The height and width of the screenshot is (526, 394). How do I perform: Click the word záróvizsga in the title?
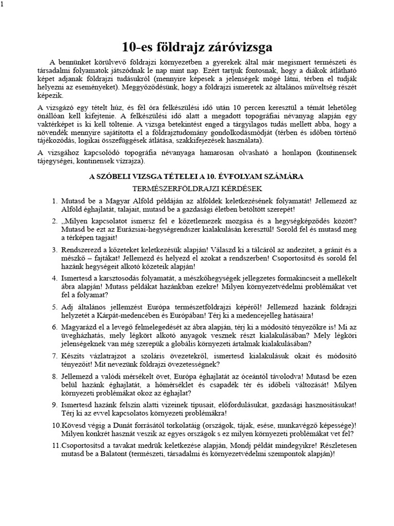point(239,48)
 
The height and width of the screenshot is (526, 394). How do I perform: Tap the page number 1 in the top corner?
point(2,4)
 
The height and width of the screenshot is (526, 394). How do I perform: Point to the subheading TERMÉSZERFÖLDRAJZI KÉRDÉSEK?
point(196,188)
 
